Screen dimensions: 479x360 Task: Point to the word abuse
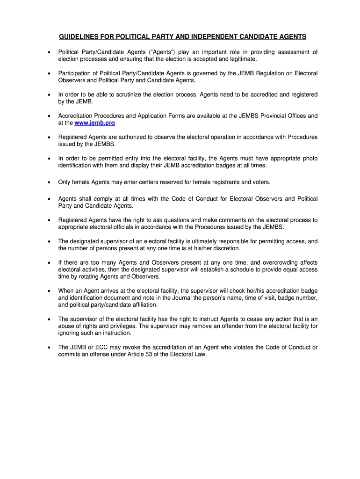pos(66,326)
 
